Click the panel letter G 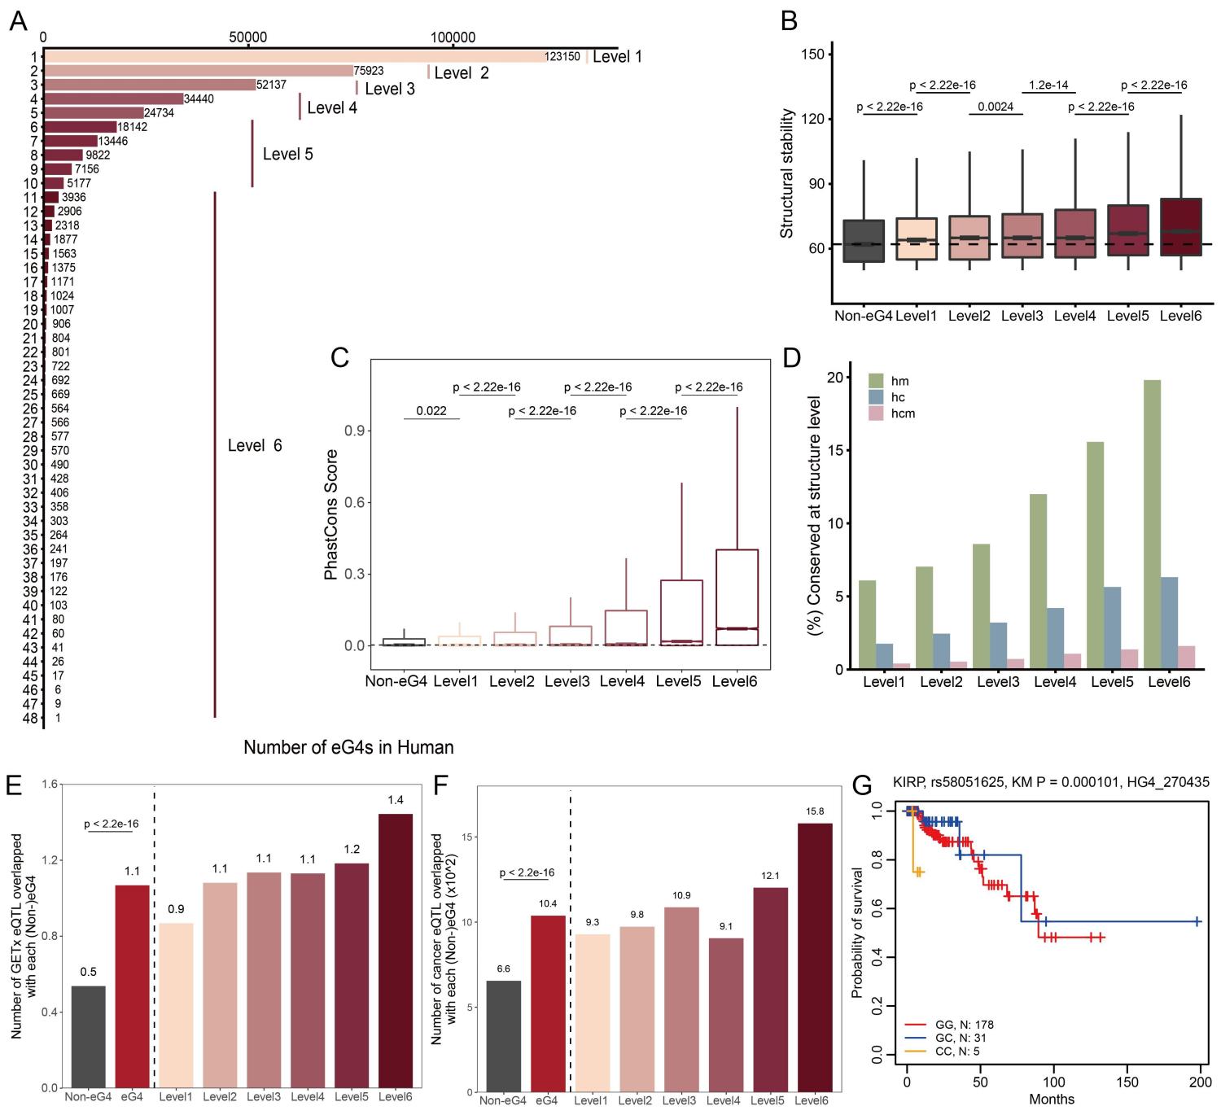(862, 787)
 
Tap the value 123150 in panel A (562, 57)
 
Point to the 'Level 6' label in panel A (255, 445)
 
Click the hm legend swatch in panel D (876, 381)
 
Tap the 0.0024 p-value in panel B (995, 106)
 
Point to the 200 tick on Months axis (1201, 1084)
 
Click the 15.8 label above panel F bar (814, 811)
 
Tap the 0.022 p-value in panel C (431, 411)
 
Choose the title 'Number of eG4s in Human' (348, 747)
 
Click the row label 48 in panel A (31, 719)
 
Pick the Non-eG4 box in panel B (864, 241)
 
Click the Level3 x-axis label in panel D (998, 681)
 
